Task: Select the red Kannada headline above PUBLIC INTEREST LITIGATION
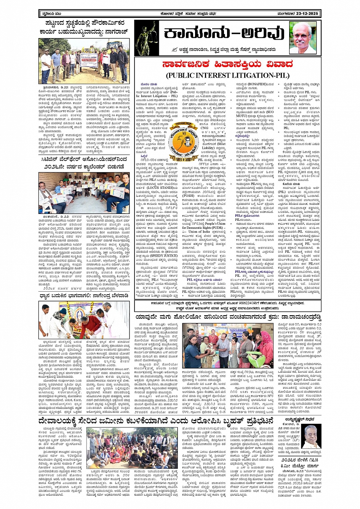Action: pyautogui.click(x=227, y=64)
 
